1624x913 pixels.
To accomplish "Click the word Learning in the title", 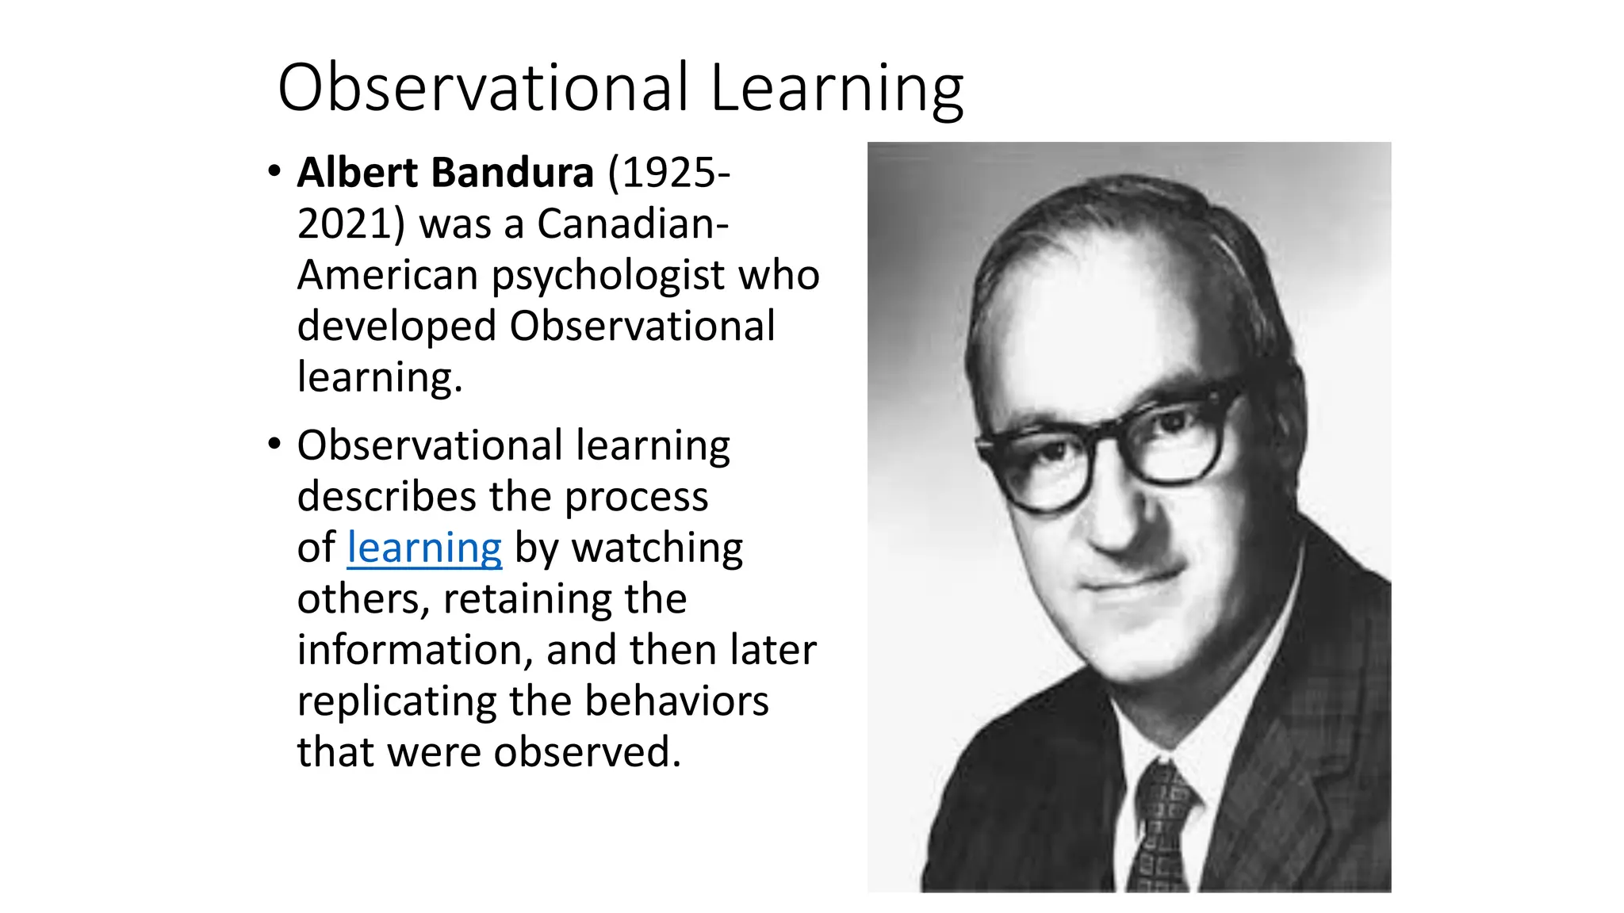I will (x=837, y=89).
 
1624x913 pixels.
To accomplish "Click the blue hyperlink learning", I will (x=424, y=548).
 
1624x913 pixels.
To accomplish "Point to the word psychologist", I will (x=609, y=275).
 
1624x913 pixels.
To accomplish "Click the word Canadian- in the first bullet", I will (x=633, y=223).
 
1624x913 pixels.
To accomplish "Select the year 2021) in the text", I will (x=351, y=223).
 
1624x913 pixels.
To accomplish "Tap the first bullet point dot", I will (x=274, y=171).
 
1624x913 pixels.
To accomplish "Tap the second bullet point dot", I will (x=274, y=444).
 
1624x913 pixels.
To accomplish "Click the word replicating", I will (x=396, y=701).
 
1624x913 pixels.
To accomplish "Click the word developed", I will (x=396, y=327).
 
